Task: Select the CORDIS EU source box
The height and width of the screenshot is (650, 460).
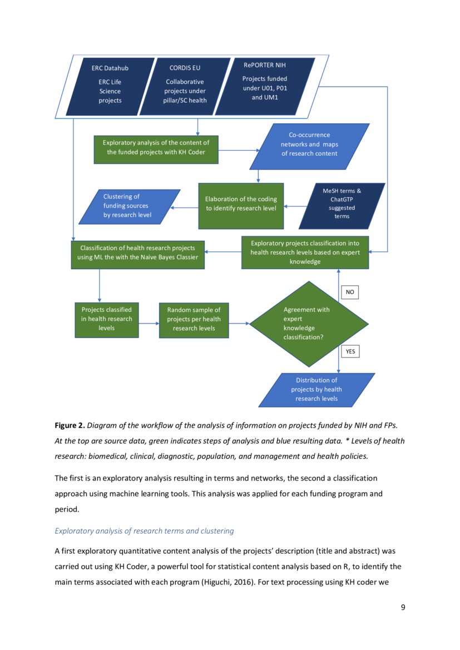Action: (x=185, y=86)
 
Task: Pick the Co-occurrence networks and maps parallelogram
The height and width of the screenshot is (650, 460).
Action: (x=309, y=146)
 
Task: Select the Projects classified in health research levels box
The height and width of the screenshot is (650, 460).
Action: (x=107, y=320)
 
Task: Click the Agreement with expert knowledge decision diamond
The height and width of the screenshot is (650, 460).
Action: (x=308, y=323)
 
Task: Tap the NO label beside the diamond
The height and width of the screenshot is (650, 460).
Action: (x=350, y=292)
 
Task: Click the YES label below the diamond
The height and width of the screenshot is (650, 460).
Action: (x=350, y=351)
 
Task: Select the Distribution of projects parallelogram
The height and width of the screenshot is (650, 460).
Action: (x=316, y=390)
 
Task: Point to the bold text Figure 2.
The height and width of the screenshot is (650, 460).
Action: (x=69, y=425)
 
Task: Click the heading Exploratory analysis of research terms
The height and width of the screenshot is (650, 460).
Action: (x=144, y=531)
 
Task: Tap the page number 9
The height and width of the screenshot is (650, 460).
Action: (x=403, y=607)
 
